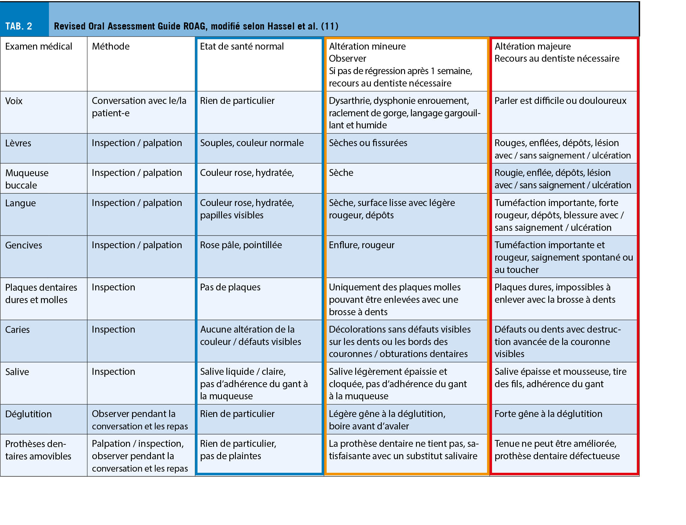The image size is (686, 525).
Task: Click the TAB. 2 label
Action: (x=19, y=26)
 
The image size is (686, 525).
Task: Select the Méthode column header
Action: (x=111, y=47)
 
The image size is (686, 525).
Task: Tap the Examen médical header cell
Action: (x=38, y=47)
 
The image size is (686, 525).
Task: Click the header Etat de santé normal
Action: (x=241, y=47)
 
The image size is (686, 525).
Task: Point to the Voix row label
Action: (x=14, y=101)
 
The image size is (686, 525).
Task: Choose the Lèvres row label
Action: (x=18, y=143)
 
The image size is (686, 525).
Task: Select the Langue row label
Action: (x=20, y=203)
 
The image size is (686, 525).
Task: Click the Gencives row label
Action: (x=23, y=245)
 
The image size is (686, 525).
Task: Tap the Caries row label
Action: (x=17, y=330)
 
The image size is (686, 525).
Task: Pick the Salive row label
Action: (x=17, y=372)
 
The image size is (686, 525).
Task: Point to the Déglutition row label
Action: (x=28, y=414)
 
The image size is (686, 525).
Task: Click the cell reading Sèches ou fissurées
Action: (x=368, y=143)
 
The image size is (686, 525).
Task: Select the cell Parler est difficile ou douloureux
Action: (x=560, y=101)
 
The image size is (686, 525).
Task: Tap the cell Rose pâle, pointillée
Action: (x=241, y=245)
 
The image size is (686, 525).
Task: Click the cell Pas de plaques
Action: (x=230, y=287)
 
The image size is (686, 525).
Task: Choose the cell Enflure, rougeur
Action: (x=361, y=245)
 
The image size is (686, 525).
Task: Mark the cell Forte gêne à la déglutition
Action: (x=548, y=414)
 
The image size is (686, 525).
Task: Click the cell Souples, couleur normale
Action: (x=251, y=143)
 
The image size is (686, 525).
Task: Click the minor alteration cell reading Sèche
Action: (x=341, y=173)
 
